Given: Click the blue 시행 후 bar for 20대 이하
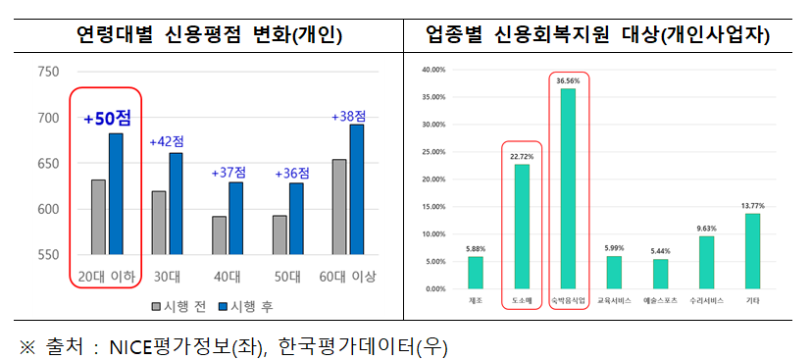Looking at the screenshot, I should (116, 193).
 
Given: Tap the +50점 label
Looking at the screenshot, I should (107, 119).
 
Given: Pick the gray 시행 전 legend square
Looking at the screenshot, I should (156, 306).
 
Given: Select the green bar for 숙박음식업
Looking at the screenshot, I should (567, 188).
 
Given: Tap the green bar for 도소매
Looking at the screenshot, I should (522, 227).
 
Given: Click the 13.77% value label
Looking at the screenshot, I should (752, 205).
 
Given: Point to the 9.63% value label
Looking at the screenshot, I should (706, 228).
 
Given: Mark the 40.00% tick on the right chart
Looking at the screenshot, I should (432, 71).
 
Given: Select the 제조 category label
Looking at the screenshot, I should (476, 298).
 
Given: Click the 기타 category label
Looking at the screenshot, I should (752, 298).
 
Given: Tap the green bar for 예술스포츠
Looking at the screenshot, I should (660, 274).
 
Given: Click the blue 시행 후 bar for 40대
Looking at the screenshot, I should (235, 218).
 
